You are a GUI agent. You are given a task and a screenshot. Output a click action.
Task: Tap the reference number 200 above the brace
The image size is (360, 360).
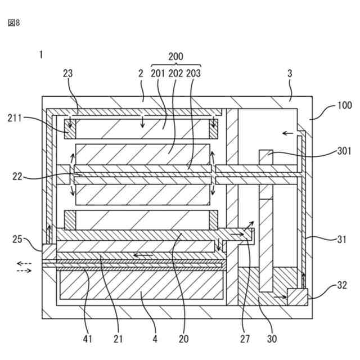coord(176,57)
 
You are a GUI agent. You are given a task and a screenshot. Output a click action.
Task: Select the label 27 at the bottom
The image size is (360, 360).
coord(245,339)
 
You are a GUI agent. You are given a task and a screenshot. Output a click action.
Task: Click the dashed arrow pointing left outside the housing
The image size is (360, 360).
coord(24,263)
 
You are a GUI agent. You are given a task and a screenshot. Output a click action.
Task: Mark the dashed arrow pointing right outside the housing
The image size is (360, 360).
coord(24,271)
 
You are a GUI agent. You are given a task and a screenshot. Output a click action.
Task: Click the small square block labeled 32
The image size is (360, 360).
coord(297,296)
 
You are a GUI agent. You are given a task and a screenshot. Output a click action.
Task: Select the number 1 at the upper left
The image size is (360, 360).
coord(41,55)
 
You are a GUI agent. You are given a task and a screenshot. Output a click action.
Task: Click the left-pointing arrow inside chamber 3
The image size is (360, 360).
coord(288,133)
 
